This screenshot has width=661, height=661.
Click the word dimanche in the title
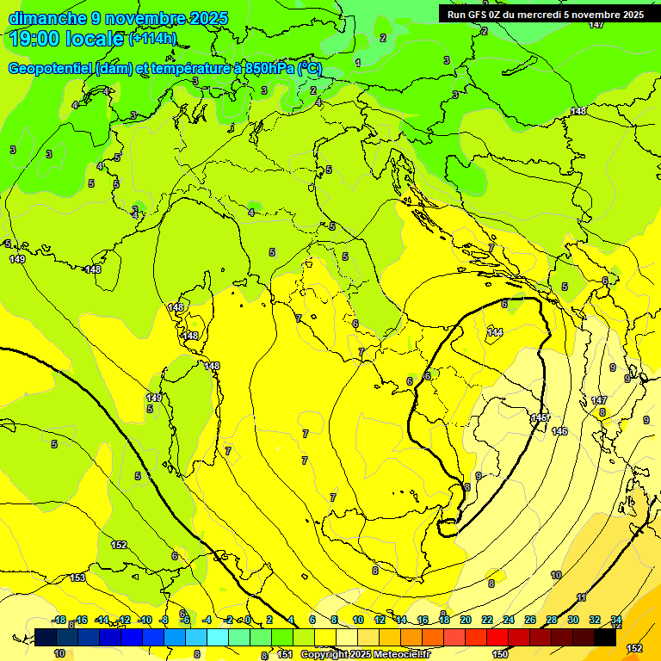tap(46, 18)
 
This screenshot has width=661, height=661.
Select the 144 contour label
tap(495, 332)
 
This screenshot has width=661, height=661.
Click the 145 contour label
tap(540, 418)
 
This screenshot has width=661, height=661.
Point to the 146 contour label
tap(559, 430)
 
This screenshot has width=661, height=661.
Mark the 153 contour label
tap(77, 578)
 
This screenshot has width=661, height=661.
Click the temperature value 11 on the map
tap(582, 597)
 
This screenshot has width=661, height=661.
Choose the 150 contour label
tap(500, 654)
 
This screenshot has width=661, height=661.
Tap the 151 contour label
tap(284, 654)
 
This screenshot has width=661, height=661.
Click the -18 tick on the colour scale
tap(59, 620)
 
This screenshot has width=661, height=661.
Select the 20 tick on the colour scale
tap(466, 620)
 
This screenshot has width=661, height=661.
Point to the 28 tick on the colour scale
tap(552, 620)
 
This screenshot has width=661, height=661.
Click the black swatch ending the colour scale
tap(605, 638)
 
